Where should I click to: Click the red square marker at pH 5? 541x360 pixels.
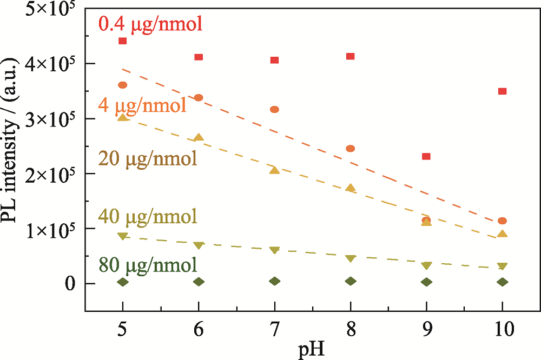(x=122, y=41)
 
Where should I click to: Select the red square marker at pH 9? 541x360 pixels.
(x=426, y=157)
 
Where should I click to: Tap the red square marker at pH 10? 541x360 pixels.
(x=502, y=91)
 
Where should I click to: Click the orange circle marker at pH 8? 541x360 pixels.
(x=350, y=149)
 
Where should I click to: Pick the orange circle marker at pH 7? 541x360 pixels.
(x=274, y=110)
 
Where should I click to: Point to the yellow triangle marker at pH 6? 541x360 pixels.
(x=199, y=138)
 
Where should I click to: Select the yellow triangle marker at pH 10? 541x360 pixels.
(x=502, y=234)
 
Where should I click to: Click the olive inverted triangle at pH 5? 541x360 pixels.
(x=122, y=236)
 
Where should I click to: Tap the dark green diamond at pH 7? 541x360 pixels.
(x=274, y=281)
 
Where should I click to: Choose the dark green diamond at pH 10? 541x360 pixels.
(x=502, y=282)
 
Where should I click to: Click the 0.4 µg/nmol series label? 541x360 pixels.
(x=150, y=24)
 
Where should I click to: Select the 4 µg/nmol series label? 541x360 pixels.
(x=142, y=104)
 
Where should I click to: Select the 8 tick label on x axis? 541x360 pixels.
(x=350, y=328)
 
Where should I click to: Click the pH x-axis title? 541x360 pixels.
(x=312, y=350)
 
